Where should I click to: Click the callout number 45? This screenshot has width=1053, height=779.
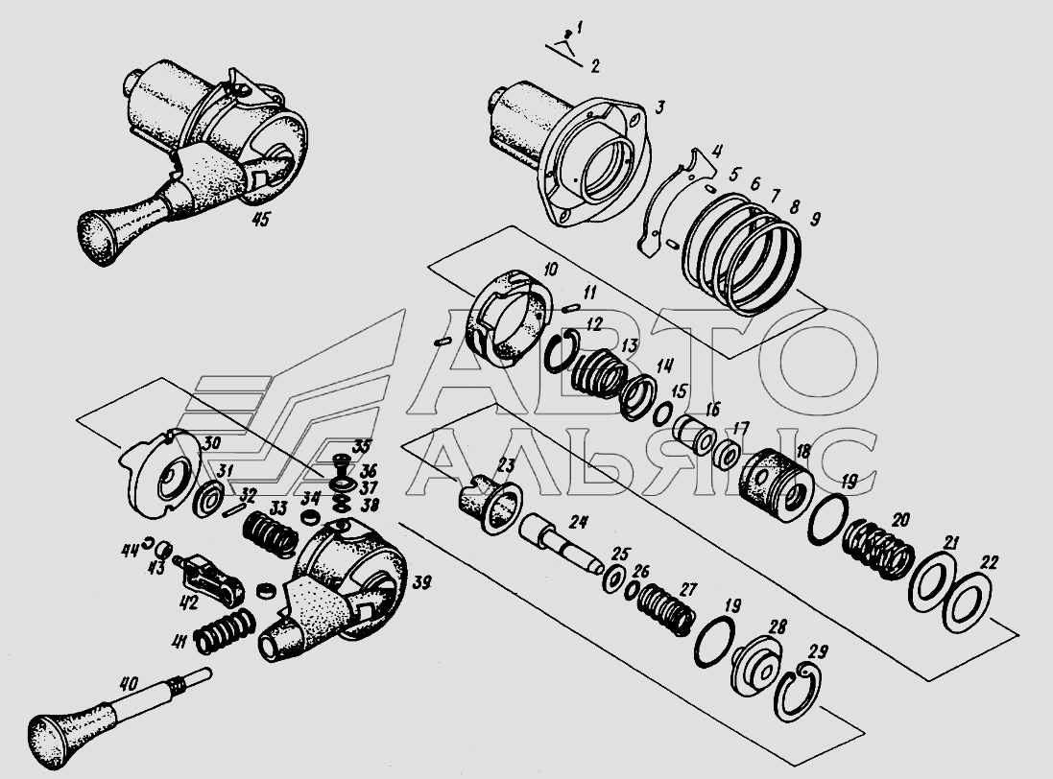260,219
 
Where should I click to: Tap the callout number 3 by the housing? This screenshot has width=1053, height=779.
660,107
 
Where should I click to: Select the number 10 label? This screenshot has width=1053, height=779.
550,270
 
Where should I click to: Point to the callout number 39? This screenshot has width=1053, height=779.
420,582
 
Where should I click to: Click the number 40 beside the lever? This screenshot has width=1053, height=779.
129,684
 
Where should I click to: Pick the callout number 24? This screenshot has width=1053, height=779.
578,521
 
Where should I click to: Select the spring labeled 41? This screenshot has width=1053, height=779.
225,630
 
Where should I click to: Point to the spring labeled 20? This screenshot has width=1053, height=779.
878,550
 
